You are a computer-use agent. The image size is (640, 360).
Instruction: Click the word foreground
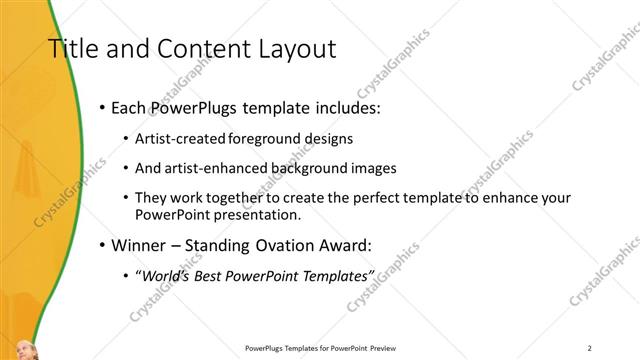point(265,138)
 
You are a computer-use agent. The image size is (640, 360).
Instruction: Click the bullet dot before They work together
point(125,198)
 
